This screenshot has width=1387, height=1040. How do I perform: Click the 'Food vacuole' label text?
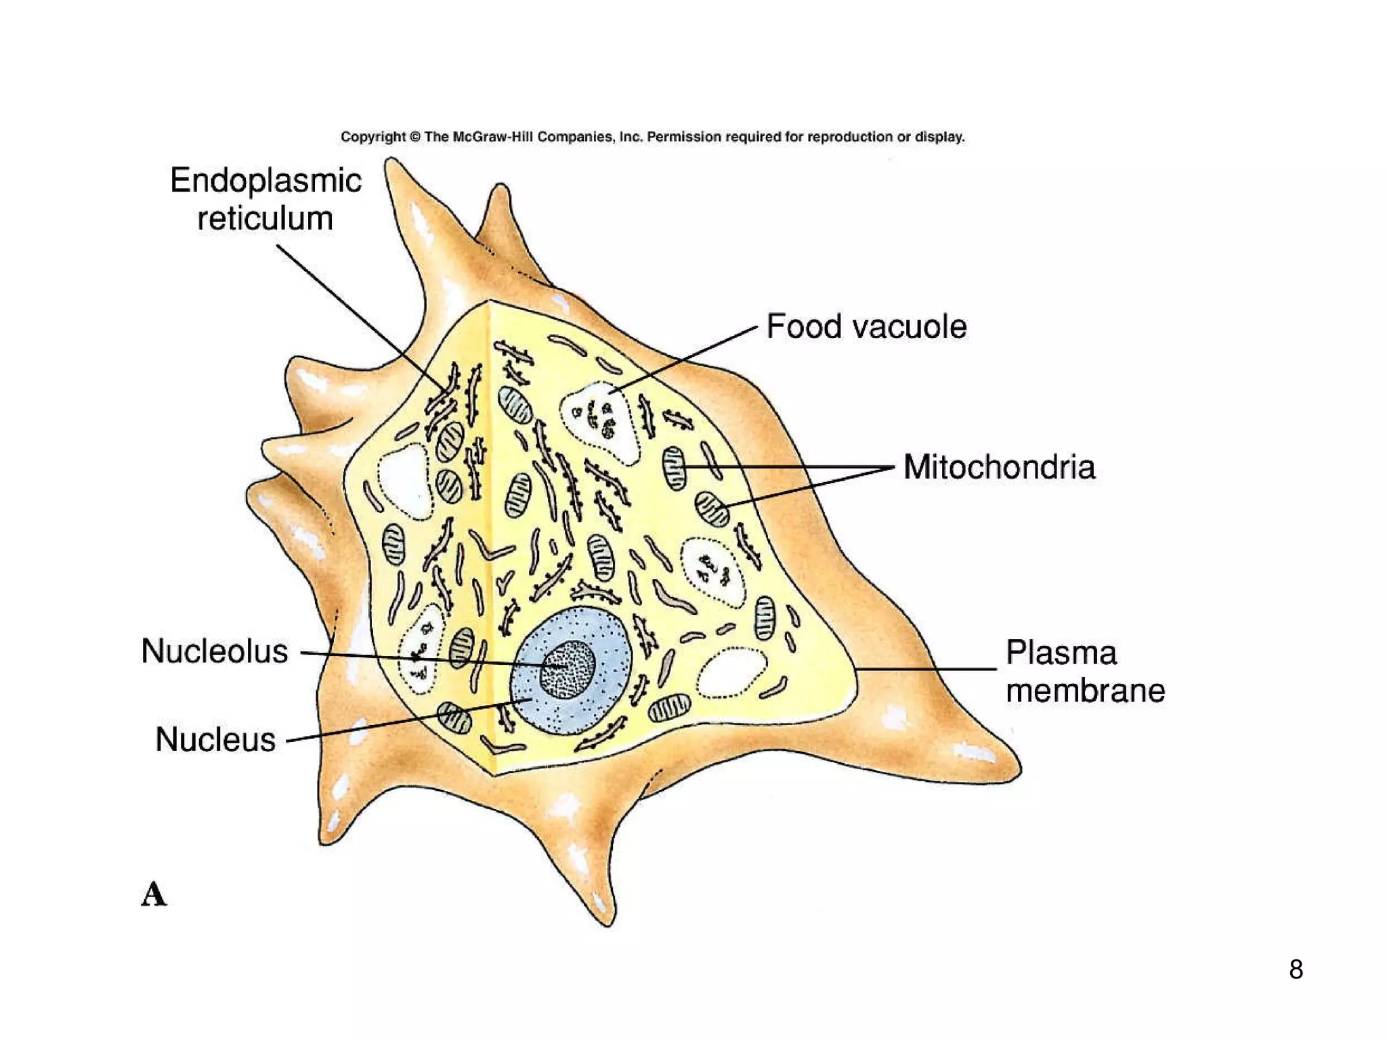tap(866, 327)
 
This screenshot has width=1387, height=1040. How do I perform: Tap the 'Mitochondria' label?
tap(999, 467)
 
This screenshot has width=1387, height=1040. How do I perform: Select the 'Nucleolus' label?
tap(215, 651)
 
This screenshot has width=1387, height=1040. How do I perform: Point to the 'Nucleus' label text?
tap(215, 739)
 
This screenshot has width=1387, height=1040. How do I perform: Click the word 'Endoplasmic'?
tap(265, 181)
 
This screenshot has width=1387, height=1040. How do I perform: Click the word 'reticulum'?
tap(265, 219)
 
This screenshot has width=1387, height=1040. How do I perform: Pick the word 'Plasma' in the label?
tap(1061, 653)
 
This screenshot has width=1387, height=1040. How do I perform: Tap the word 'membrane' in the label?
tap(1085, 691)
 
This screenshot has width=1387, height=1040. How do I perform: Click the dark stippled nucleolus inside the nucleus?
tap(568, 669)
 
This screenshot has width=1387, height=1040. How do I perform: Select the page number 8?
tap(1296, 970)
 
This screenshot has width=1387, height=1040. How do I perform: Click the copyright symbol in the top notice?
tap(415, 137)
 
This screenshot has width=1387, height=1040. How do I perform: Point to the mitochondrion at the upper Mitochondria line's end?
tap(674, 468)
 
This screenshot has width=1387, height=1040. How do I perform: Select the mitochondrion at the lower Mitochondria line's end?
tap(712, 508)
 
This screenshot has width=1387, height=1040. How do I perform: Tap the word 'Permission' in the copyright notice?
tap(684, 137)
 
